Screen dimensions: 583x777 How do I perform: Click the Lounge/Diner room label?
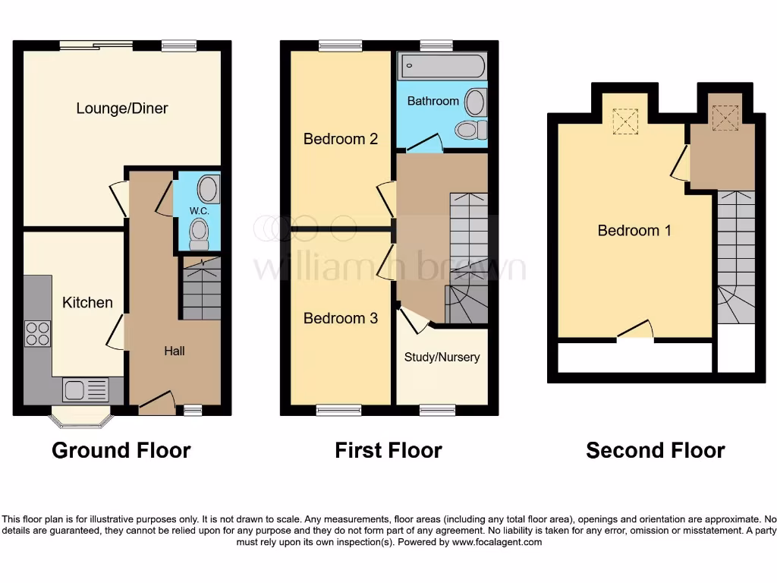(x=122, y=109)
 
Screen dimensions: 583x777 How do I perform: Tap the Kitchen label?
(x=87, y=303)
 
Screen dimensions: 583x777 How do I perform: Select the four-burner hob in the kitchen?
(x=38, y=334)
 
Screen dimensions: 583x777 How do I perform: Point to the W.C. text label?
(x=199, y=210)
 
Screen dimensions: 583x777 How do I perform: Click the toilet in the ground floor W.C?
(x=200, y=233)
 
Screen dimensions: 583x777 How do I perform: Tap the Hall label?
(x=175, y=351)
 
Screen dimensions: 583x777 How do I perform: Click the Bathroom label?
(x=433, y=101)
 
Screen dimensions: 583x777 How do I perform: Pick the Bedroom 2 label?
(x=341, y=139)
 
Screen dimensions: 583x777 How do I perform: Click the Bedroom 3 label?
(x=341, y=318)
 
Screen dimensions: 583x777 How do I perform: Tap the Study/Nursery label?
(x=442, y=357)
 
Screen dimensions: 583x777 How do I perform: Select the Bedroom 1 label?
(x=634, y=231)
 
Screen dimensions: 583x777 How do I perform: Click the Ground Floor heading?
(x=121, y=450)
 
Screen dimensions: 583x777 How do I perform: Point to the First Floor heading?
(x=388, y=450)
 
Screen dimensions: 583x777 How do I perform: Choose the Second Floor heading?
(x=656, y=450)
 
